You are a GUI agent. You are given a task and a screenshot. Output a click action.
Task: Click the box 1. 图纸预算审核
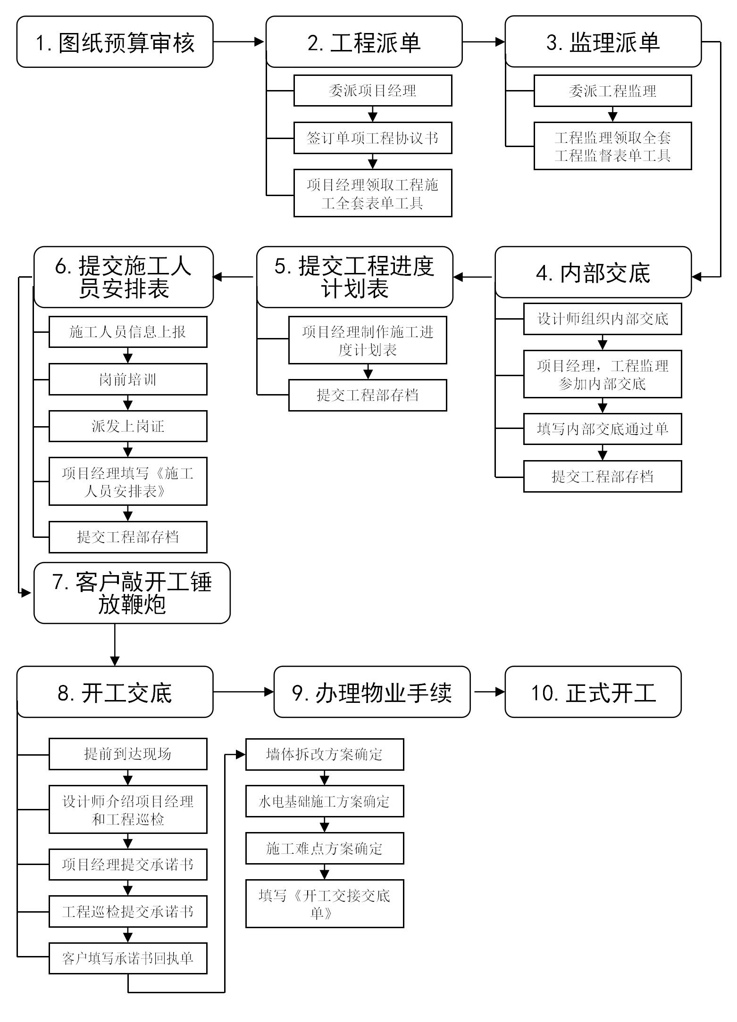pos(115,42)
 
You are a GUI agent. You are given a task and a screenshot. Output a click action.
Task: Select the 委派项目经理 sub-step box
pos(373,91)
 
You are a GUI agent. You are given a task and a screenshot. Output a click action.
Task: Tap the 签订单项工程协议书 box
pos(373,138)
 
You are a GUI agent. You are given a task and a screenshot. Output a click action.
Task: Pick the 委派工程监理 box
pos(612,91)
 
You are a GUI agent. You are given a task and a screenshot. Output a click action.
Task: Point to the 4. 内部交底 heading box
pos(593,272)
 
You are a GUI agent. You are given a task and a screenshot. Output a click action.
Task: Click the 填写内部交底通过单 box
pos(603,429)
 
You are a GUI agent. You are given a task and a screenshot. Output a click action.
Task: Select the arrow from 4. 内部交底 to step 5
pos(473,277)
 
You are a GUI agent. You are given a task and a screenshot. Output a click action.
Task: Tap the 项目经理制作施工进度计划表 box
pos(368,340)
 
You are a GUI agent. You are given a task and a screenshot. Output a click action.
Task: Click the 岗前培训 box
pos(128,379)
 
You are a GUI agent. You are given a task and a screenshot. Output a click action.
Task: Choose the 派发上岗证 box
pos(128,426)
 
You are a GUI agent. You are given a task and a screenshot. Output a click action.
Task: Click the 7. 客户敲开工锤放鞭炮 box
pos(132,593)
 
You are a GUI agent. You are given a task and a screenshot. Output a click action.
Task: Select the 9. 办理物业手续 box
pos(372,692)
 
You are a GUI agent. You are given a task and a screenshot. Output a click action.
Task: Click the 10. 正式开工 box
pos(593,692)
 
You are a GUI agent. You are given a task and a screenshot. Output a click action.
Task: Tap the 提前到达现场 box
pos(128,754)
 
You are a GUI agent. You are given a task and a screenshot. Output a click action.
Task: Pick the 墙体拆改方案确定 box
pos(325,755)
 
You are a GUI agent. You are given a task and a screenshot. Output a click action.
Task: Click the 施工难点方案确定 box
pos(325,849)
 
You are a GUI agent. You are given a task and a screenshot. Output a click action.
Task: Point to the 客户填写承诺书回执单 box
pos(128,958)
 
